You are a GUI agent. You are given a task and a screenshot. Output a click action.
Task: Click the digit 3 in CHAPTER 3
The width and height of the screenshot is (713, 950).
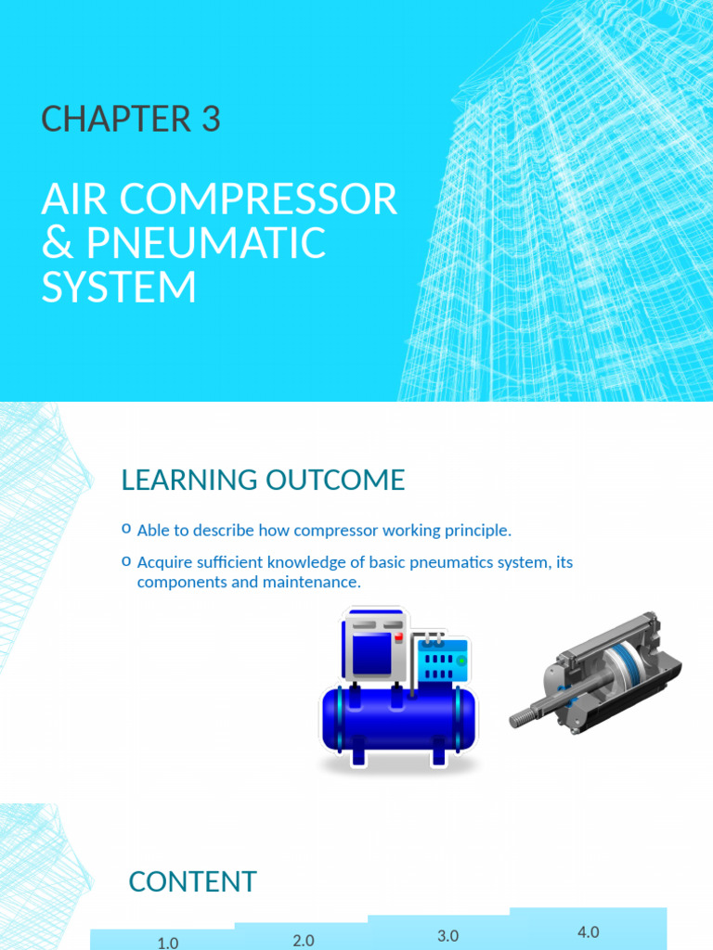209,120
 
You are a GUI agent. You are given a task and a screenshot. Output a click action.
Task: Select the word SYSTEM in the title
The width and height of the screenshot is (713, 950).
119,287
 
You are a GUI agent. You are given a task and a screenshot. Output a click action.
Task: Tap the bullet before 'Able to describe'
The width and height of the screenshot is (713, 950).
126,530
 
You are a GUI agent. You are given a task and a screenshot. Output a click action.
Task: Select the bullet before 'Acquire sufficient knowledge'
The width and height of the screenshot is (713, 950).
126,562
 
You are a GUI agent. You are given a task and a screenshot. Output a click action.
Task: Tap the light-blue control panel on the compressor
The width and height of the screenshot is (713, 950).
443,661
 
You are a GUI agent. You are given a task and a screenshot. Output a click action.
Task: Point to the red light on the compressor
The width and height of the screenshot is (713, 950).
396,637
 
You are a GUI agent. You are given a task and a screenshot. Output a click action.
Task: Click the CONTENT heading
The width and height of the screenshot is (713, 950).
192,881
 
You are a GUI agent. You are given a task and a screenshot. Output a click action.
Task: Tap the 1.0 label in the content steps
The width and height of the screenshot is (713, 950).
168,943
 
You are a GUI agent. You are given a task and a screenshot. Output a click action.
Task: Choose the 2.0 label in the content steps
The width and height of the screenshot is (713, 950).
304,940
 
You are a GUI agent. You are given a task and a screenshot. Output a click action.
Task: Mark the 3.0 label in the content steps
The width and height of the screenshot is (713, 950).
448,936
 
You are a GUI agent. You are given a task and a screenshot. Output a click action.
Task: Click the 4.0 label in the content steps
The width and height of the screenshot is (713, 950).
589,932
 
